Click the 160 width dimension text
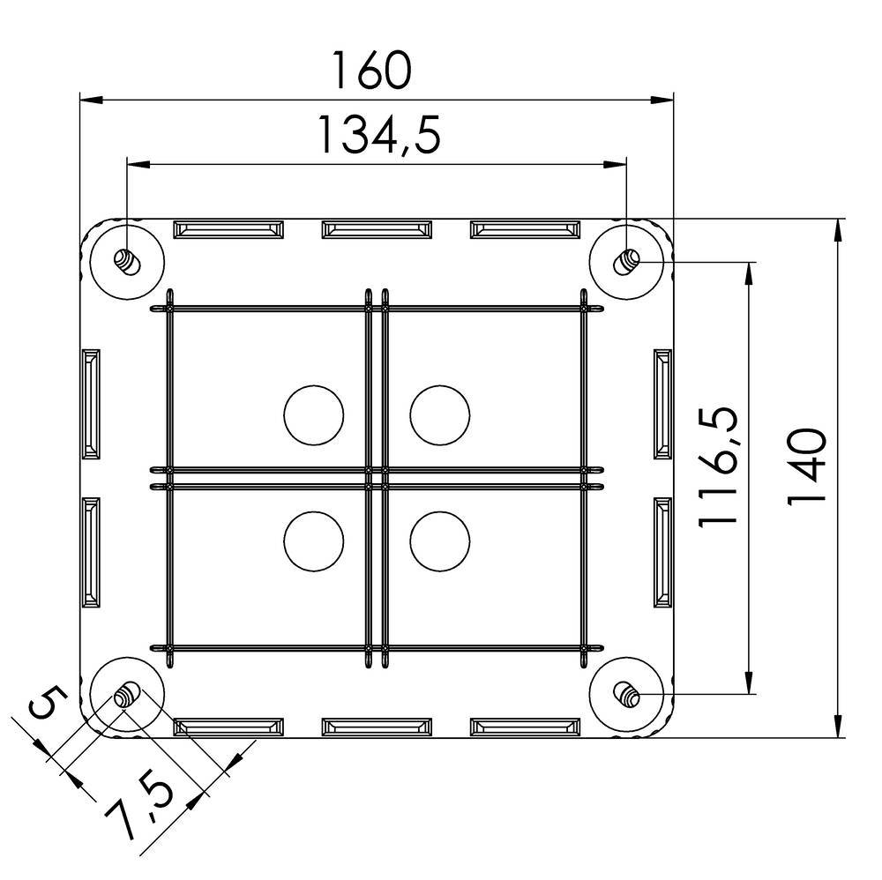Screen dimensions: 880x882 [371, 71]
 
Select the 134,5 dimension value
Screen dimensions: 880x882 [377, 136]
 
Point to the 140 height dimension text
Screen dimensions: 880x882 [806, 466]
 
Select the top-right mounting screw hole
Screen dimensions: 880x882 [628, 260]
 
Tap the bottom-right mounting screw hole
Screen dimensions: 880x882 [628, 694]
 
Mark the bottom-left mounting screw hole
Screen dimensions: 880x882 [127, 695]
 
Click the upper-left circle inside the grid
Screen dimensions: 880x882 [314, 414]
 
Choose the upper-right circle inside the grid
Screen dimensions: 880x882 [440, 414]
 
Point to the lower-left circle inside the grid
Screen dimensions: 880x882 [314, 540]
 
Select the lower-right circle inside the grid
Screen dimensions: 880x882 [440, 540]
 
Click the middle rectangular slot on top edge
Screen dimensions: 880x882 [377, 229]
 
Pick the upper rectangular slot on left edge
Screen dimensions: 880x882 [91, 404]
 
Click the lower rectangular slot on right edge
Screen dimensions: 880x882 [662, 553]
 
